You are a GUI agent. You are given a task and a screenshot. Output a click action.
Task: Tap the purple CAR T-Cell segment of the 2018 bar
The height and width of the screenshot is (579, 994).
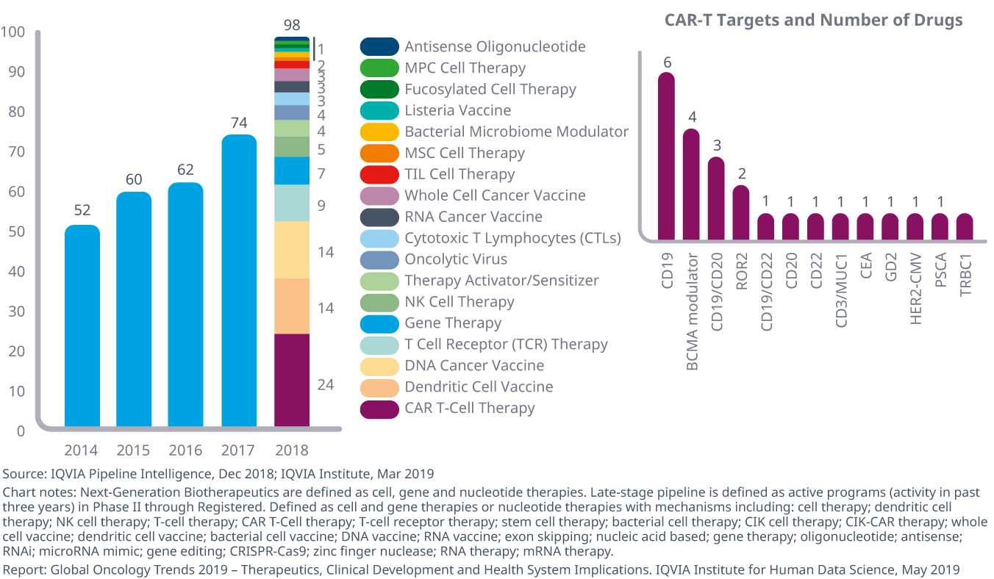click(x=292, y=380)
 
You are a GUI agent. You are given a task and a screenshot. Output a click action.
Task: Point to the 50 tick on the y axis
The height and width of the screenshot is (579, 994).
click(x=15, y=232)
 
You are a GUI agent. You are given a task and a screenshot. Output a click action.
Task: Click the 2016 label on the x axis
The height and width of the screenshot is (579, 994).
click(x=186, y=450)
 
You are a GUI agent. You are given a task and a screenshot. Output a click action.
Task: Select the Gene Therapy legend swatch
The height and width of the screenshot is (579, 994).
click(x=379, y=323)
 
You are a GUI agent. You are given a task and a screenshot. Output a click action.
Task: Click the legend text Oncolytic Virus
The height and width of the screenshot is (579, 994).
click(x=456, y=259)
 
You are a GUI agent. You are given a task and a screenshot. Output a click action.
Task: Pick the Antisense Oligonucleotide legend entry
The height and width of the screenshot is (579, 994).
click(x=495, y=47)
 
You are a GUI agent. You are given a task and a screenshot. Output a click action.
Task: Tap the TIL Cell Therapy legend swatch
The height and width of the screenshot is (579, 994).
click(x=379, y=175)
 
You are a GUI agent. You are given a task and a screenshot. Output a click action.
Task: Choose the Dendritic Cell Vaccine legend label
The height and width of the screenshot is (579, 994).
click(x=479, y=387)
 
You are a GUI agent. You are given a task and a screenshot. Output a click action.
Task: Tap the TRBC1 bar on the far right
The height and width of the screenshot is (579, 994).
click(x=965, y=227)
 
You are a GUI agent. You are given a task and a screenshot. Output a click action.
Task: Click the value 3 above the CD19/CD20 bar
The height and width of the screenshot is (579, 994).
click(x=716, y=144)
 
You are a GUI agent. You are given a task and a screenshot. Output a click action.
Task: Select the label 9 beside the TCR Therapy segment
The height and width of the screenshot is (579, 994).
click(x=321, y=206)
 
